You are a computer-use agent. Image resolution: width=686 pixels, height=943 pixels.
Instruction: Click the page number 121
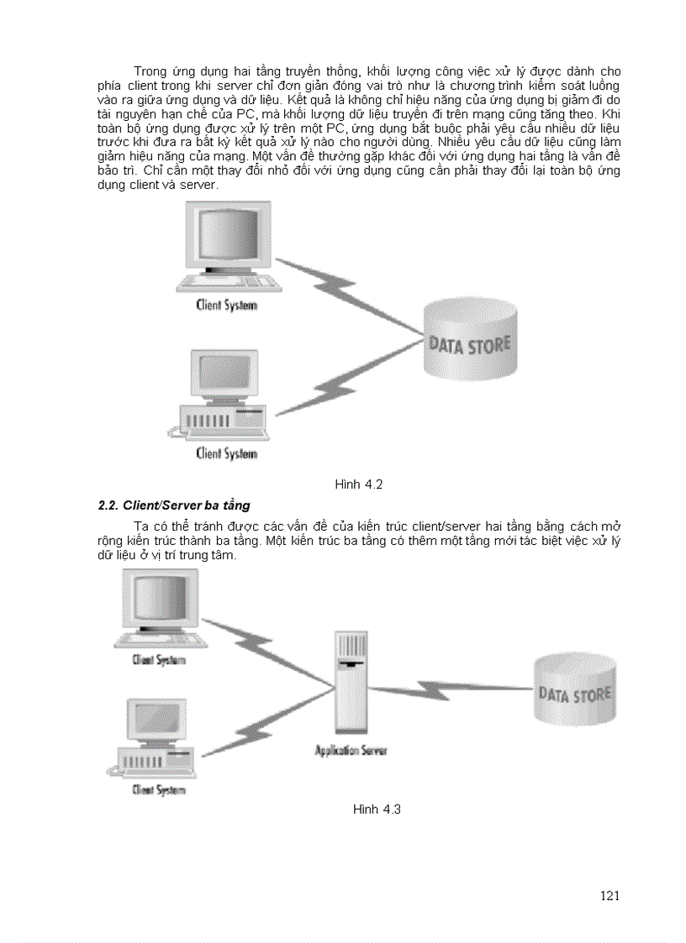(x=610, y=895)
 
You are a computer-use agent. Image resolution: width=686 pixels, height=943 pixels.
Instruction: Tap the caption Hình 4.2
(x=359, y=485)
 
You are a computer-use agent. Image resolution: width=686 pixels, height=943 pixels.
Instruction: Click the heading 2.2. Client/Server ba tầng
(x=174, y=506)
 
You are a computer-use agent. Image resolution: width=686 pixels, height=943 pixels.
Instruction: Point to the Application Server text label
(x=351, y=751)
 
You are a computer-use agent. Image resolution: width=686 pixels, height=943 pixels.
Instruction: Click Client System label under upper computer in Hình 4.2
(x=226, y=305)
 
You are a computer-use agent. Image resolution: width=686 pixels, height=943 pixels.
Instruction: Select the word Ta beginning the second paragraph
(x=141, y=526)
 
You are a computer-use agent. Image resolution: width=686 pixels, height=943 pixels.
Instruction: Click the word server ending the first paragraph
(x=198, y=185)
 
